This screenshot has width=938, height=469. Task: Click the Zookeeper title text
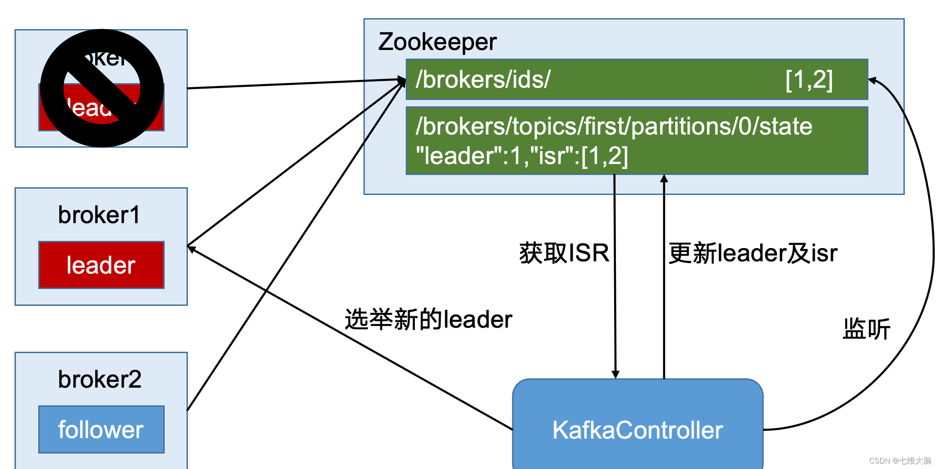click(x=437, y=42)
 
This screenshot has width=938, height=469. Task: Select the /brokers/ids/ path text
click(x=483, y=80)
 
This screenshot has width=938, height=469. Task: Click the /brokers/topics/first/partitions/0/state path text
click(x=614, y=126)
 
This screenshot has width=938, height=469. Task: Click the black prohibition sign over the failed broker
click(x=102, y=88)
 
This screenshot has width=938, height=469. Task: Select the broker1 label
click(x=99, y=215)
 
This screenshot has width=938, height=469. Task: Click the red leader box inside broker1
click(x=101, y=265)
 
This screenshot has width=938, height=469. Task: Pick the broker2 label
click(x=100, y=379)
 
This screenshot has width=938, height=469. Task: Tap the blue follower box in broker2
click(x=101, y=429)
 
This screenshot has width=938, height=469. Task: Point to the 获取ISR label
click(x=564, y=253)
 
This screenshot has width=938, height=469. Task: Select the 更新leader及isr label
click(x=753, y=253)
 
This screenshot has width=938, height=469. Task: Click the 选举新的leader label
click(x=429, y=319)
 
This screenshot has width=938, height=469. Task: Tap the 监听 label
click(x=866, y=329)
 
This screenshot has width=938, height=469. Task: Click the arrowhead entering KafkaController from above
click(x=615, y=374)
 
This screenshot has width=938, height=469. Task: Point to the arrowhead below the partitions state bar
click(x=664, y=179)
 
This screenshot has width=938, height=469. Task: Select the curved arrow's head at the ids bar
click(x=872, y=81)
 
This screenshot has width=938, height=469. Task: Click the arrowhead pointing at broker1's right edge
click(x=192, y=249)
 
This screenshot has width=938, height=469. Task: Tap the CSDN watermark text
click(x=900, y=461)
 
